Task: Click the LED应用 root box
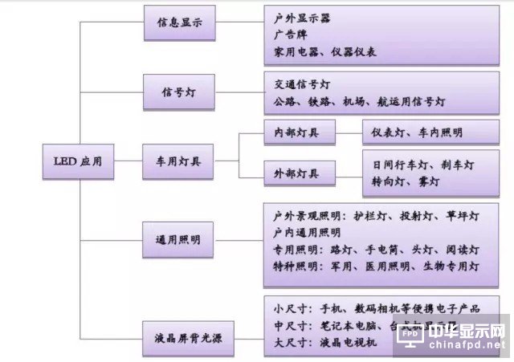73,161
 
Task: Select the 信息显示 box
179,25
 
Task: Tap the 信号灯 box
179,92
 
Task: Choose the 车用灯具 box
179,161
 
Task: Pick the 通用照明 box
179,240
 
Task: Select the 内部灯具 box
292,132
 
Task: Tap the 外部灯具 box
292,173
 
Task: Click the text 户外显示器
302,17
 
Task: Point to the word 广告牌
290,35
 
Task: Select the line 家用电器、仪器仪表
325,52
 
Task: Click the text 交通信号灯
302,84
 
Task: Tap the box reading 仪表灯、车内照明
418,132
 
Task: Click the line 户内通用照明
307,233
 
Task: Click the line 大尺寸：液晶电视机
325,344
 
